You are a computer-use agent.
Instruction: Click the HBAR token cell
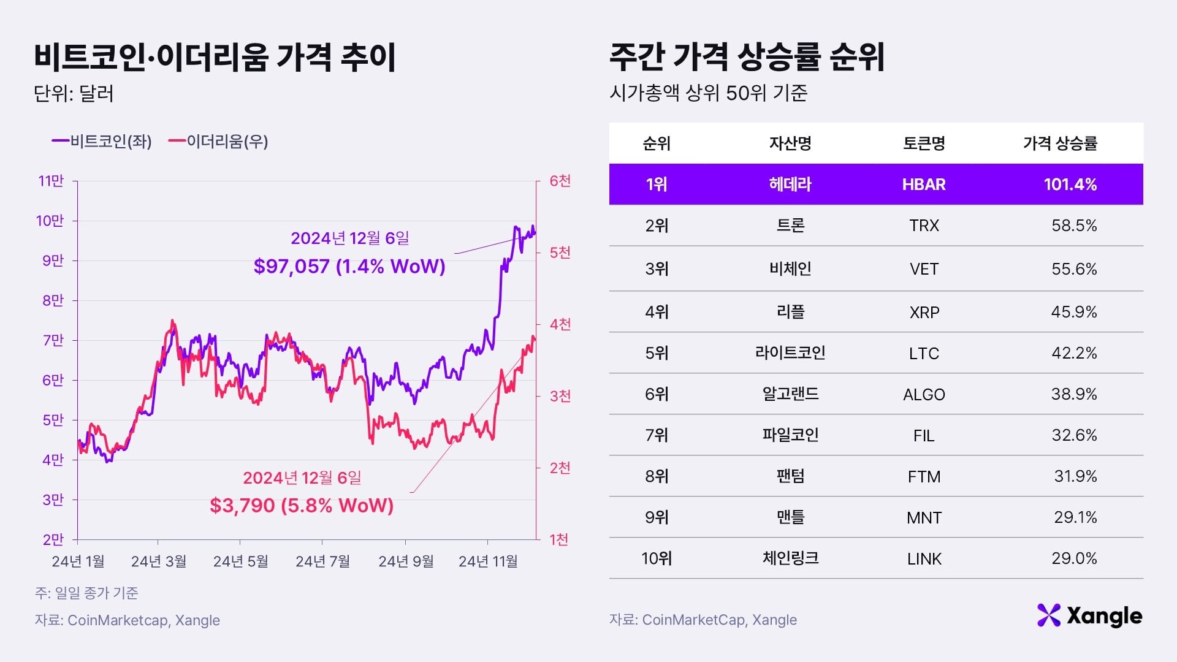point(923,185)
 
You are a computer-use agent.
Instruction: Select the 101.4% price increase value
point(1070,185)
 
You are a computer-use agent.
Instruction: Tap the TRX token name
point(924,226)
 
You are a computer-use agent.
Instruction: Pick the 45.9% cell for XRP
point(1073,312)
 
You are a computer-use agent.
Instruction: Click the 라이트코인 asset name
point(790,352)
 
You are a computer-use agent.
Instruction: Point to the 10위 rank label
point(657,558)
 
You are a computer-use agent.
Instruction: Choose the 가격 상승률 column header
point(1060,143)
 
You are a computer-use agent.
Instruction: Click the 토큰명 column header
point(924,143)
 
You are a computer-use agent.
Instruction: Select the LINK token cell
point(924,559)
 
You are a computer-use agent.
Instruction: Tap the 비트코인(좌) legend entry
point(102,142)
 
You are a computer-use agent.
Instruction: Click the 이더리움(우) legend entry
point(219,142)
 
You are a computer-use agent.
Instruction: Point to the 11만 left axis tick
point(51,181)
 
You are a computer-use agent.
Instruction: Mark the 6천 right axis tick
point(560,181)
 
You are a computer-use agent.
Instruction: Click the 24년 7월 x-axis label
point(322,561)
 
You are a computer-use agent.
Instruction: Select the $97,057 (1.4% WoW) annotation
point(349,266)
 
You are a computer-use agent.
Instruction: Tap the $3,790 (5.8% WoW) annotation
point(302,505)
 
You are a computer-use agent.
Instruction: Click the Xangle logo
point(1089,616)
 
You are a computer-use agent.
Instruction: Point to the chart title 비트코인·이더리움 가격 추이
point(215,57)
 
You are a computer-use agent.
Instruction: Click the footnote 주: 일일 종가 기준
point(86,593)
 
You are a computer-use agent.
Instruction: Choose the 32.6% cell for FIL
point(1073,435)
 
